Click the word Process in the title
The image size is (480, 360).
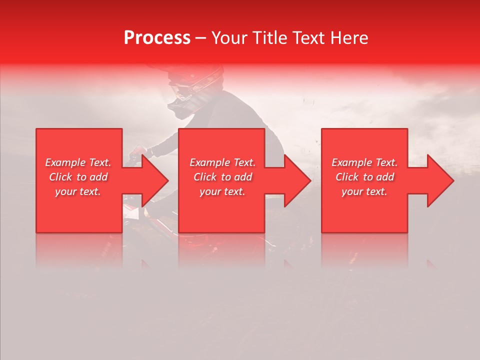tap(157, 38)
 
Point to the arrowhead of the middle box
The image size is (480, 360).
tap(296, 180)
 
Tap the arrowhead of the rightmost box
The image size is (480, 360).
tap(439, 180)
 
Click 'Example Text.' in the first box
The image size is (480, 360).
tap(78, 162)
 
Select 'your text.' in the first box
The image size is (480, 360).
tap(78, 191)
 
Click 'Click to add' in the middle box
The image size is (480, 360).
tap(222, 177)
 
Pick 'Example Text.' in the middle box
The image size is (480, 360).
tap(222, 162)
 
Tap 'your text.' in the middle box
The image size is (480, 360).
tap(222, 191)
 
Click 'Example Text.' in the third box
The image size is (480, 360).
tap(364, 162)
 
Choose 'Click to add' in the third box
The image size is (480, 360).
tap(364, 177)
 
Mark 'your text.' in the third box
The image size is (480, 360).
tap(364, 191)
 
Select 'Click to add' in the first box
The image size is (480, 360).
tap(78, 177)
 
